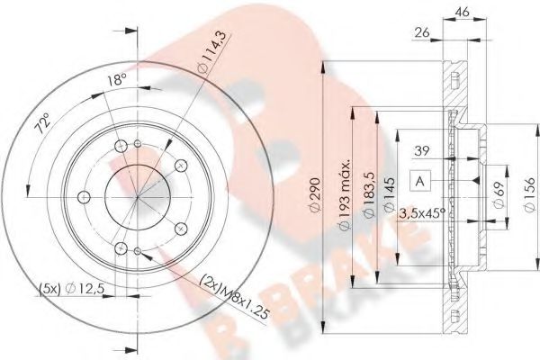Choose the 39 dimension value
coord(420,151)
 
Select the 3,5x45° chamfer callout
coord(423,214)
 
